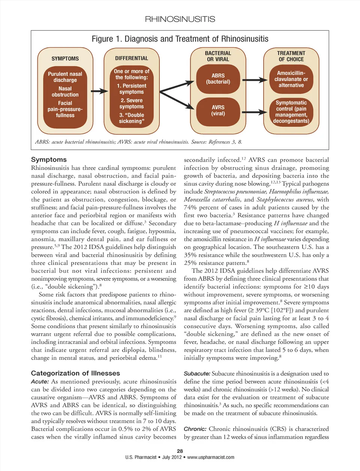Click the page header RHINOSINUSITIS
click(180, 19)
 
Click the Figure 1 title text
click(180, 39)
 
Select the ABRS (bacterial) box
click(218, 79)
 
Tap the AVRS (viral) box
click(218, 110)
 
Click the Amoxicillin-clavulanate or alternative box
click(291, 79)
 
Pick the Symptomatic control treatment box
click(291, 112)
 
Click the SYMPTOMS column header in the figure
click(65, 58)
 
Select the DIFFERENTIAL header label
click(132, 58)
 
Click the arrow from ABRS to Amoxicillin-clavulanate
click(255, 80)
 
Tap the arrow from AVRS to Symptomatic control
click(255, 112)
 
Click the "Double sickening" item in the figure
click(132, 118)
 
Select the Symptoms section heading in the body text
click(49, 160)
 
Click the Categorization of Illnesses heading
click(75, 373)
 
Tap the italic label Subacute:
click(197, 373)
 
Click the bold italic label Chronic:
click(195, 429)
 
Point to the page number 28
click(180, 451)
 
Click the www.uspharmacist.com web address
click(211, 457)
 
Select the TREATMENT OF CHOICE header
click(291, 56)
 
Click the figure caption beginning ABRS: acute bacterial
click(138, 142)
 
